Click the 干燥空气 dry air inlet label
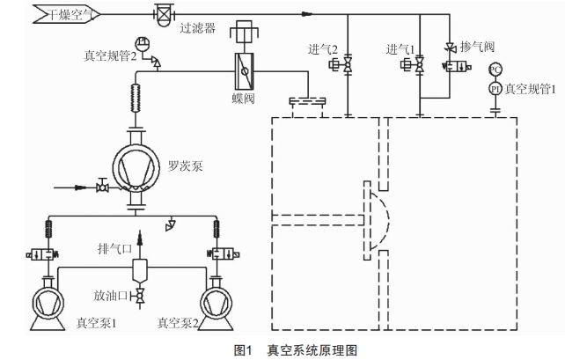point(70,15)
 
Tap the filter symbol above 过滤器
point(164,15)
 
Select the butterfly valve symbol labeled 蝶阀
point(245,71)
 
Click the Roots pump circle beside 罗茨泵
point(136,167)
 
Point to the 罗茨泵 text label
point(185,165)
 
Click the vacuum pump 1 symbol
point(48,304)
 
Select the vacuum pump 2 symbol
point(216,304)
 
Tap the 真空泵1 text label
point(96,323)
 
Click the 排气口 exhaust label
point(114,248)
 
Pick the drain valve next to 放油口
point(139,297)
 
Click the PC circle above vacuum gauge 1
point(495,70)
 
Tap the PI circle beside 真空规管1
point(495,89)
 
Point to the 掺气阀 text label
point(478,47)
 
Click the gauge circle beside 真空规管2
point(142,44)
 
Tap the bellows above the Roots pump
point(136,99)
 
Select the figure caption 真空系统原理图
point(312,350)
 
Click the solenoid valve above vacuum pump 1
point(42,254)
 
